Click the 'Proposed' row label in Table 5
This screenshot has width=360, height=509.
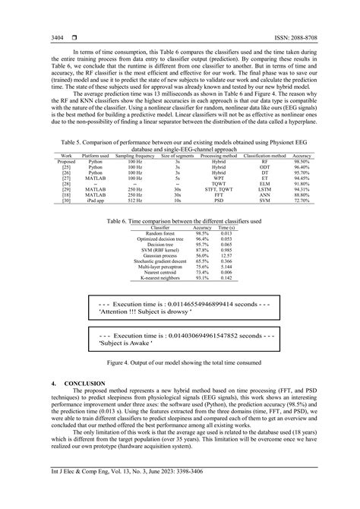(67, 183)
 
